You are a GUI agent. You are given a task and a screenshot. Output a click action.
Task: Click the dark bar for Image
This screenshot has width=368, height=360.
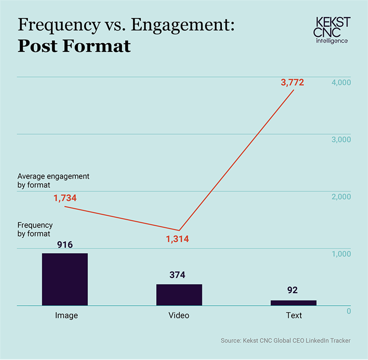click(65, 279)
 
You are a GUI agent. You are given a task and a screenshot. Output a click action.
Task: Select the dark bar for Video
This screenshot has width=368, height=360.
click(179, 294)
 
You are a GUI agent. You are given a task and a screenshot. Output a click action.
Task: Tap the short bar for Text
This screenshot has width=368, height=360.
click(293, 303)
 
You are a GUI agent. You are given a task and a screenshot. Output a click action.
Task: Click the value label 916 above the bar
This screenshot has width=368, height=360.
click(65, 245)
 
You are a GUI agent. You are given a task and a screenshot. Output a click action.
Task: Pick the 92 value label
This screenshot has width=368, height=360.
click(293, 291)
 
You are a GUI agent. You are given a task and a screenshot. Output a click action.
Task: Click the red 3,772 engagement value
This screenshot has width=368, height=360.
click(292, 82)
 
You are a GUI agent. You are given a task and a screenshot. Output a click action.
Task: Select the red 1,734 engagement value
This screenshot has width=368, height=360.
click(65, 198)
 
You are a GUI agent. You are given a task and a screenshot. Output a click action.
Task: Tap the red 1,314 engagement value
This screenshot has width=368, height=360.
click(177, 239)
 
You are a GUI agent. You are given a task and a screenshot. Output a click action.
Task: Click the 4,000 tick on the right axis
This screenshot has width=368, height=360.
click(341, 82)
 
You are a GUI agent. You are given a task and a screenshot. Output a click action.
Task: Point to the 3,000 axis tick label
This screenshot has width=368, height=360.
click(341, 139)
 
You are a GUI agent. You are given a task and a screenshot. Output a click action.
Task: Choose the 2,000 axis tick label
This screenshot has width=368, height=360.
click(341, 196)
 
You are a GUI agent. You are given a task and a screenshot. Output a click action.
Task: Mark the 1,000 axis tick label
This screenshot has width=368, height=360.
click(341, 254)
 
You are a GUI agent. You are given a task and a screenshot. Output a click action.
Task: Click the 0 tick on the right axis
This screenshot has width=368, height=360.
click(349, 311)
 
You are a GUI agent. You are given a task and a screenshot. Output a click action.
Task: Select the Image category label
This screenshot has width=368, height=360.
click(66, 315)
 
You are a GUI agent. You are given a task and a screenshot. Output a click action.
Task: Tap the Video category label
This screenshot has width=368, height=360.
click(179, 315)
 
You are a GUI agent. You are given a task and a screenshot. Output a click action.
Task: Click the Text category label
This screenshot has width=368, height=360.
click(294, 315)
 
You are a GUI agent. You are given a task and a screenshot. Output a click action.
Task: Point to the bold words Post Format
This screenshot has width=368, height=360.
click(74, 46)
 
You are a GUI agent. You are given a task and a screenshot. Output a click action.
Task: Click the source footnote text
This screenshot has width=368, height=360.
click(285, 341)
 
